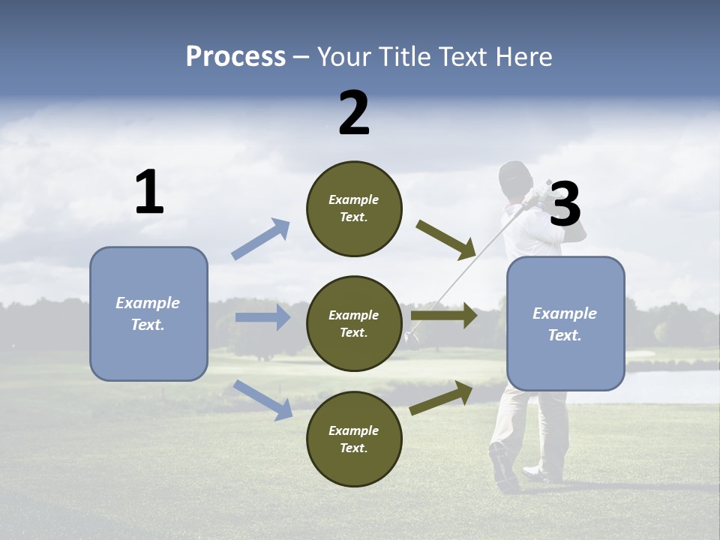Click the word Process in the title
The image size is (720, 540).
235,57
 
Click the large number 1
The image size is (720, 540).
149,193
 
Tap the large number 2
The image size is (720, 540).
354,113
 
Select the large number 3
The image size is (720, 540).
565,205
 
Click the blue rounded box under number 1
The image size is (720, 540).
148,313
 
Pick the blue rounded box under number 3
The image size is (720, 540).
565,323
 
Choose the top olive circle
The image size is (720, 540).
354,208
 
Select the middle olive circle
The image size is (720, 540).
354,323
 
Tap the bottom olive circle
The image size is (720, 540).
354,439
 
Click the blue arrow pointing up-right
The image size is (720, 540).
260,239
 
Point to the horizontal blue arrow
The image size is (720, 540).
262,317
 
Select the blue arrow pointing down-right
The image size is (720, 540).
262,399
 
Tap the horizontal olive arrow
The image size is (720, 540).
444,316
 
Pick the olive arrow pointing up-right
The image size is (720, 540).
441,397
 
